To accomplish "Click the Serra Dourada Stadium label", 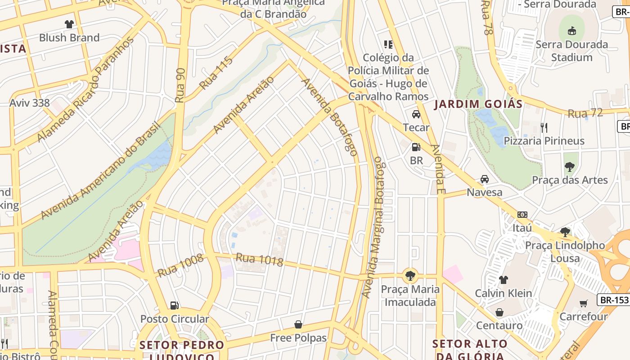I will tap(571, 51).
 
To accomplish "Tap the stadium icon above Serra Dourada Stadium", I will tap(571, 31).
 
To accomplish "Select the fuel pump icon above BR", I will tap(416, 147).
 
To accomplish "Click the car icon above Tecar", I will tap(416, 114).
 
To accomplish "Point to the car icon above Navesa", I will tap(485, 179).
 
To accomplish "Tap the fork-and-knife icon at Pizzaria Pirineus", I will tap(544, 128).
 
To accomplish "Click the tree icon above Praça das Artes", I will tap(570, 167).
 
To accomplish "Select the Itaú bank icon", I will tap(522, 215).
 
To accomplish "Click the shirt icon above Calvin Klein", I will tap(504, 280).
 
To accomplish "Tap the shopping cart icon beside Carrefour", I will tap(584, 303).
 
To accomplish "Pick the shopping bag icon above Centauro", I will tap(499, 312).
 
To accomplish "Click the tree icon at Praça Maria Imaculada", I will tap(409, 275).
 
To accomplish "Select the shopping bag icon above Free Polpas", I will tap(298, 324).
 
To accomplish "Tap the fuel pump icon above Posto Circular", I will tap(174, 306).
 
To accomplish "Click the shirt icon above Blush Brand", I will tap(69, 24).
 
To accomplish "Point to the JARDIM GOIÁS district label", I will tap(478, 104).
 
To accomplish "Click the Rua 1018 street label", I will tap(260, 260).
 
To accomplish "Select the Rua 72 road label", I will tap(585, 113).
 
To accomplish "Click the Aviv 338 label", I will tap(30, 103).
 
